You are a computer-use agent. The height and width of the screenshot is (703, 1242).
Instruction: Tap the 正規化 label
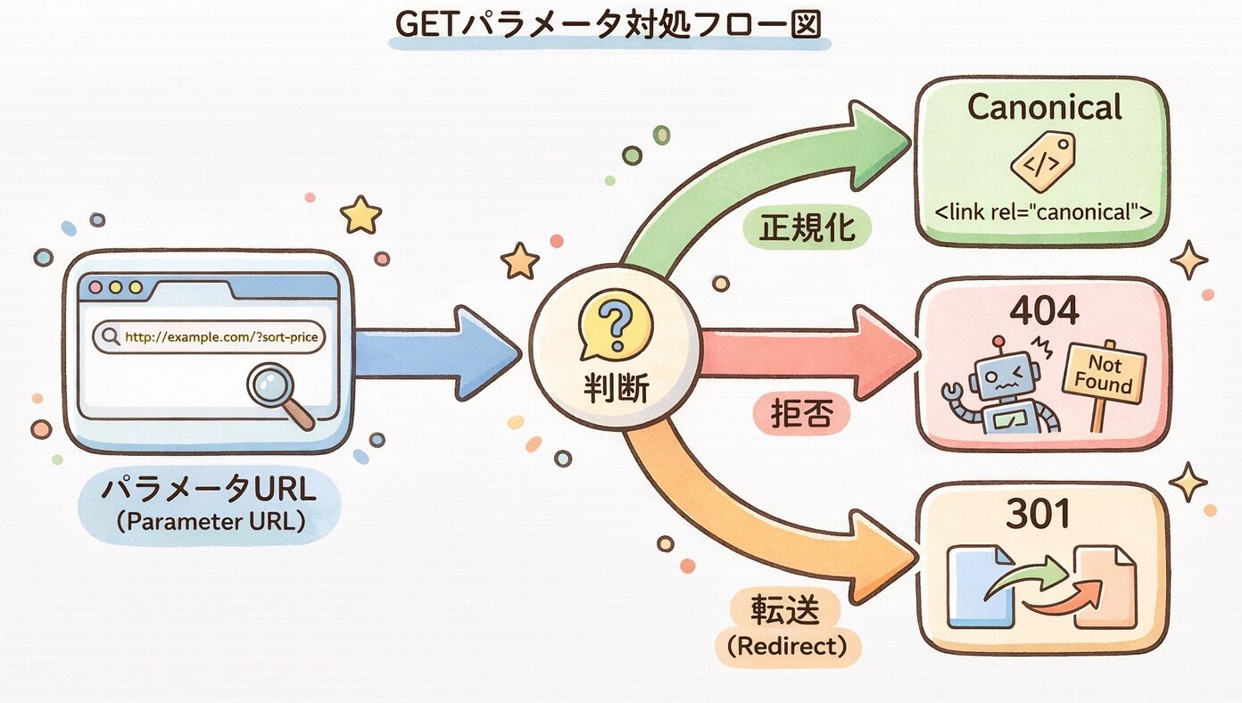tap(807, 228)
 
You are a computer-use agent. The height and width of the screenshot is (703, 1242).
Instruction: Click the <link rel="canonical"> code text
tap(1043, 214)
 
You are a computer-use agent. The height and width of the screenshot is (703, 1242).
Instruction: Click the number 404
tap(1043, 310)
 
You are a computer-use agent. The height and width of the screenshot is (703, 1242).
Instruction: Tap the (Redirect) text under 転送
tap(787, 647)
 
